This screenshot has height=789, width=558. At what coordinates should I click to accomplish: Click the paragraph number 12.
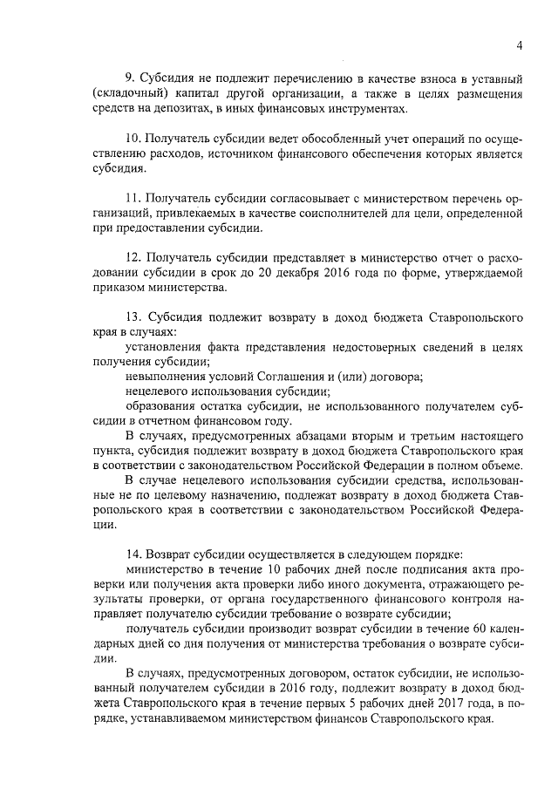point(133,258)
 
